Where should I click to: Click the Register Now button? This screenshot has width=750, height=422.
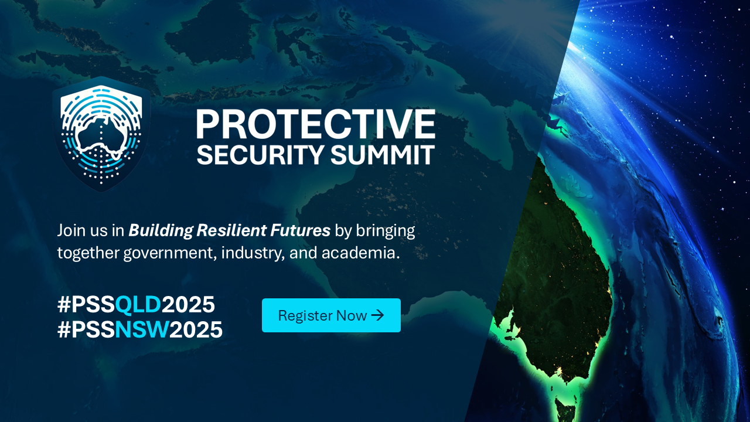tap(331, 315)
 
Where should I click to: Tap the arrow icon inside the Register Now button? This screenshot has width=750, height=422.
tap(378, 315)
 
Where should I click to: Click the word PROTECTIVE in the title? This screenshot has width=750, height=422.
tap(316, 124)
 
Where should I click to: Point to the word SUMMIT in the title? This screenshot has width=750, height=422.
tap(383, 154)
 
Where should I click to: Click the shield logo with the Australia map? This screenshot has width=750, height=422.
tap(101, 134)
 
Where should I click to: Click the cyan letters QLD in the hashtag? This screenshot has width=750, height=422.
tap(138, 305)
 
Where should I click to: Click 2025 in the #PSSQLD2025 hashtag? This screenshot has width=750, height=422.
tap(188, 305)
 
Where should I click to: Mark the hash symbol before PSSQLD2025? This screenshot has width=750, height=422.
tap(64, 305)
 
